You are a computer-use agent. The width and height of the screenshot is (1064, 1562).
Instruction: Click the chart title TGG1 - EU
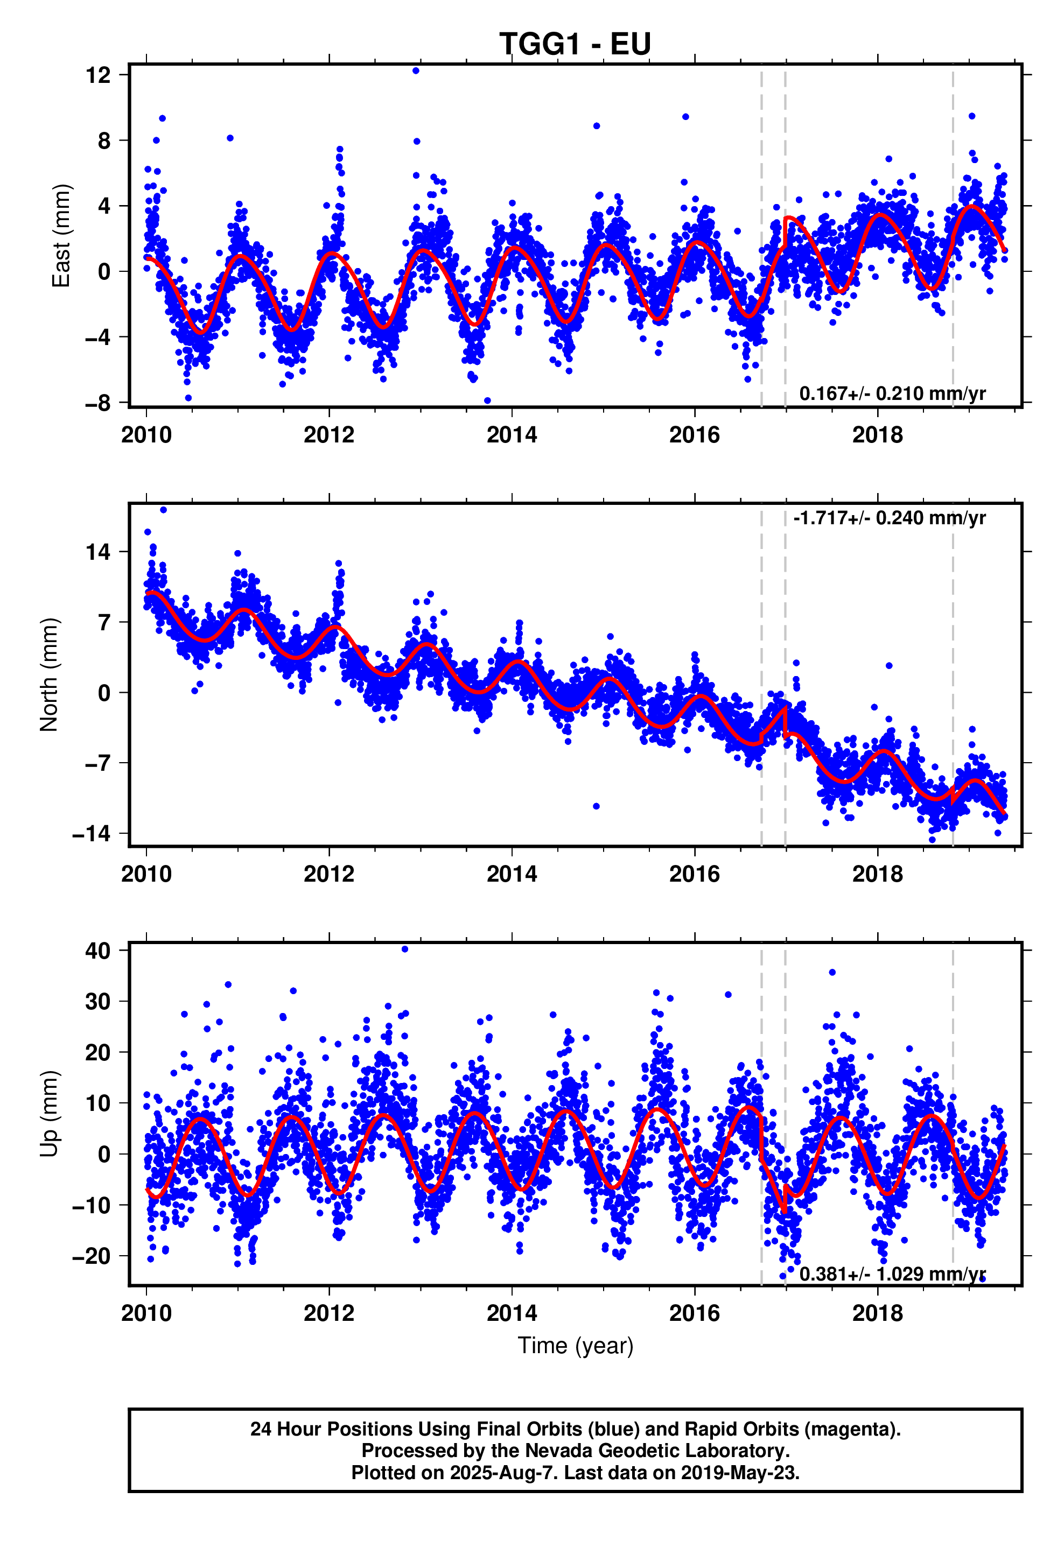(x=575, y=44)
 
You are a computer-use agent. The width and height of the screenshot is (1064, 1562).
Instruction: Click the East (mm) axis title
(x=61, y=235)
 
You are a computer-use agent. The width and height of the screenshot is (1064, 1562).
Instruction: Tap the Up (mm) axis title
(x=49, y=1113)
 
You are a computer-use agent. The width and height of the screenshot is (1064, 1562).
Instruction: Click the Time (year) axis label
(x=575, y=1346)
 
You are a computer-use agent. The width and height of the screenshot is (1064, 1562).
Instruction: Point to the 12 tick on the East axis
(x=98, y=75)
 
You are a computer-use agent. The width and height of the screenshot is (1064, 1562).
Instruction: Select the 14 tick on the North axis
(x=98, y=552)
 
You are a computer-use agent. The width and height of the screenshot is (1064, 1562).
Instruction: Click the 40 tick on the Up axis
(x=98, y=951)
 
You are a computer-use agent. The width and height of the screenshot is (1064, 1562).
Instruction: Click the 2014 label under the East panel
(x=512, y=435)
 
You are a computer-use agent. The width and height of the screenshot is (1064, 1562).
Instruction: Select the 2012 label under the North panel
(x=329, y=875)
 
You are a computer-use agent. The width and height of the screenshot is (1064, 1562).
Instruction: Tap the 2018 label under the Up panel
(x=878, y=1313)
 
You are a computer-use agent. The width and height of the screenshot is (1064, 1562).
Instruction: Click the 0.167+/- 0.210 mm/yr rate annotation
(x=892, y=393)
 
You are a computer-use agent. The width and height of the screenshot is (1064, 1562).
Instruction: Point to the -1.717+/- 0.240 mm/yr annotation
(x=889, y=518)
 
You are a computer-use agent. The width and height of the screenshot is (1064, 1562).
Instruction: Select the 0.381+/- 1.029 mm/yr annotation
(x=892, y=1273)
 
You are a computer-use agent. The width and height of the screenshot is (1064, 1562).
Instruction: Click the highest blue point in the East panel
(x=416, y=71)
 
